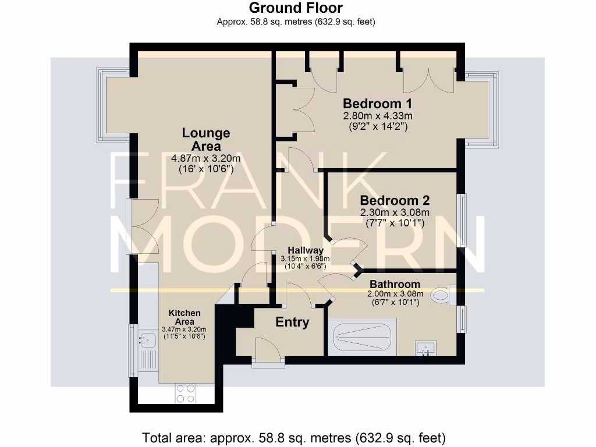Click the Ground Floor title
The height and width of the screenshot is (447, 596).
coord(296,8)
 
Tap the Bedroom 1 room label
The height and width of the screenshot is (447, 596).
coord(377,104)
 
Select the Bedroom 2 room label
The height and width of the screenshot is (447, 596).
coord(395,201)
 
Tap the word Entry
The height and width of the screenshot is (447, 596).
coord(292,322)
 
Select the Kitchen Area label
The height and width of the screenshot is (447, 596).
coord(185,317)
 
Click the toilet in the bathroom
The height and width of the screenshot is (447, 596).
coord(442,296)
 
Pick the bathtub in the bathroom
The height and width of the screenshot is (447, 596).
coord(362,337)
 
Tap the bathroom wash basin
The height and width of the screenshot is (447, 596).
coord(425,349)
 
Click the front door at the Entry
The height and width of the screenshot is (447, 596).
coord(268,353)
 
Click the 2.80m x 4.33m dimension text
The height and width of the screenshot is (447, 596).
coord(378,116)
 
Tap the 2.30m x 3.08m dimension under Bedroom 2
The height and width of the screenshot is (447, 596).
coord(395,213)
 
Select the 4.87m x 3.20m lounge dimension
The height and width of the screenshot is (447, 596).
coord(206,158)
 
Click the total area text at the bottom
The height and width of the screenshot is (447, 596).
coord(294,437)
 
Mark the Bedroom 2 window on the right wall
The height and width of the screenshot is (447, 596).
coord(463,221)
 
